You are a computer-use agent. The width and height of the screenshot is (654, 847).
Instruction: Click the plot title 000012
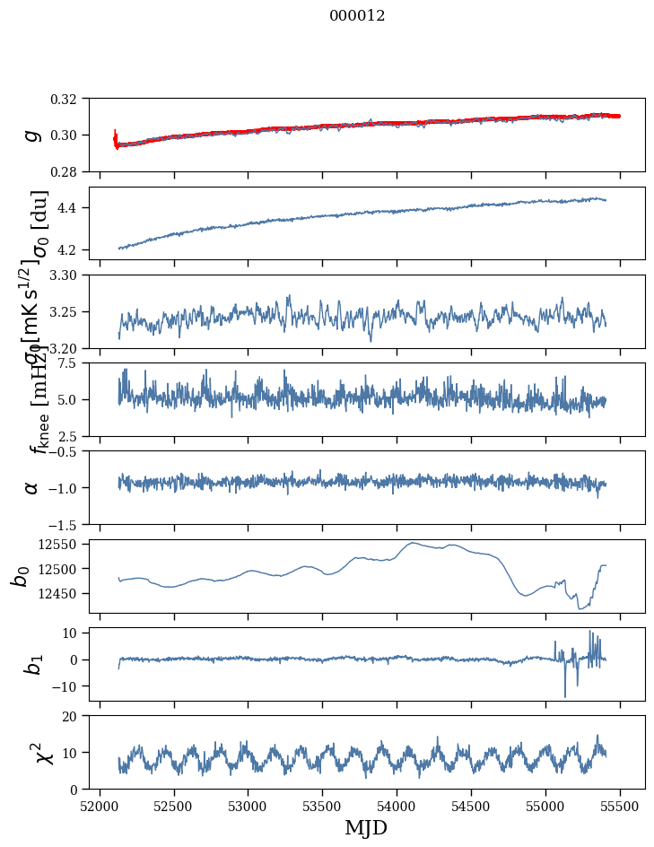coord(357,16)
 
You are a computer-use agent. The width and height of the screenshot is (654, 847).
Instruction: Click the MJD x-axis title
coord(366,827)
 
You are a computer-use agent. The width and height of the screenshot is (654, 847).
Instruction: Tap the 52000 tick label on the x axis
coord(100,804)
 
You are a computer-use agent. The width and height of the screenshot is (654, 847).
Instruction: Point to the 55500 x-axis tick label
coord(619,804)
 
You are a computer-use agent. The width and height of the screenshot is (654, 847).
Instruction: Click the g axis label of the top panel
coord(32,135)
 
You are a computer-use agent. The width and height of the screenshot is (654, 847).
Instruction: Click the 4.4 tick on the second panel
coord(74,208)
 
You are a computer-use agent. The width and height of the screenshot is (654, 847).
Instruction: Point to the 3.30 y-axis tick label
coord(69,275)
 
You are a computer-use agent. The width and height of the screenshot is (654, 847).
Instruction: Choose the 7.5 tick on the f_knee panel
coord(74,362)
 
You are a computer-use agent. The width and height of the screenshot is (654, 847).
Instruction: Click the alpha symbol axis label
coord(32,487)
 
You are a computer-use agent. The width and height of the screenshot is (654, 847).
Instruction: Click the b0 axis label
coord(20,575)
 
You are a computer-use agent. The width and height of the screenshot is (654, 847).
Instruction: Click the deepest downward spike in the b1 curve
coord(565,696)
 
